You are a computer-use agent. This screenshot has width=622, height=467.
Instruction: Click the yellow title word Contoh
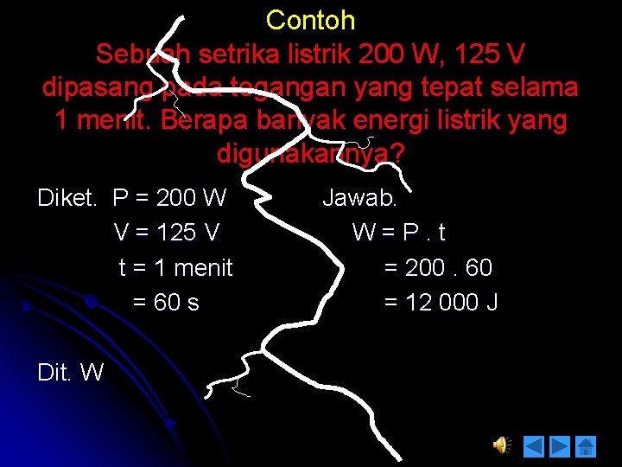[x=310, y=20]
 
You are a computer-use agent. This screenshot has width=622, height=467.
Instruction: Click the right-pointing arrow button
[x=561, y=445]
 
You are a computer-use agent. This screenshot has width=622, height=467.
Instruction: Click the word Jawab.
[x=359, y=198]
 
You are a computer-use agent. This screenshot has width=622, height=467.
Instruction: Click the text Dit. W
[x=71, y=372]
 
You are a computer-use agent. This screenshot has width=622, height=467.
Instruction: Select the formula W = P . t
[x=399, y=233]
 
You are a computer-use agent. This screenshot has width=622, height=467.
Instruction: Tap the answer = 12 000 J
[x=441, y=302]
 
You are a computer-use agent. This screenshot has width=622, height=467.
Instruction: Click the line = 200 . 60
[x=437, y=267]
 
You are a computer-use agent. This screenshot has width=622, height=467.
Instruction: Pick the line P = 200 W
[x=169, y=198]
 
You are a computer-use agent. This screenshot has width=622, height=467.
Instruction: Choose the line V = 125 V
[x=166, y=233]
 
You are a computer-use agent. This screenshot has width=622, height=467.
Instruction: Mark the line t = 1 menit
[x=175, y=267]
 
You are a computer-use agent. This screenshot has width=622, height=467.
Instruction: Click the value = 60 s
[x=165, y=302]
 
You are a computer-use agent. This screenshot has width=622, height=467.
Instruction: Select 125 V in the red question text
[x=485, y=54]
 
